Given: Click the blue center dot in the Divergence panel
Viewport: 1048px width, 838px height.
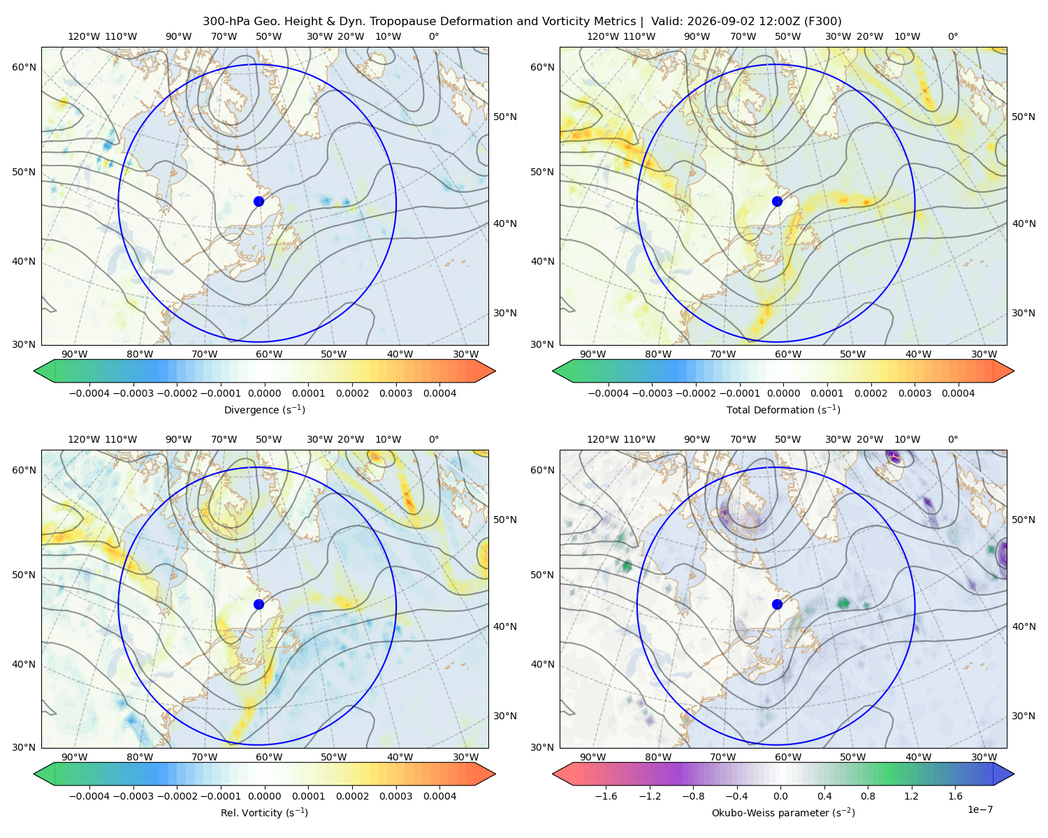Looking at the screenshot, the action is pos(259,201).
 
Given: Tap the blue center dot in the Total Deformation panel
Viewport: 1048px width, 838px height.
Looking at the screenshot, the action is pos(777,201).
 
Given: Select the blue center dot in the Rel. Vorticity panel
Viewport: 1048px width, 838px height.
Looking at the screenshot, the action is pos(259,604).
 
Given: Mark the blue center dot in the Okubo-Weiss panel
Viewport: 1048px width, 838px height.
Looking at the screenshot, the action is pos(777,604).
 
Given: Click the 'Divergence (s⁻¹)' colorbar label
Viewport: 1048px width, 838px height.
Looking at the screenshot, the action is pos(264,409).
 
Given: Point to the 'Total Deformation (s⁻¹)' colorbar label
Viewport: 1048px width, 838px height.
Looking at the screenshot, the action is pos(783,409).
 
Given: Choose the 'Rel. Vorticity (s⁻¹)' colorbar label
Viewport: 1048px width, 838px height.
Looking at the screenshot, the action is pos(264,812).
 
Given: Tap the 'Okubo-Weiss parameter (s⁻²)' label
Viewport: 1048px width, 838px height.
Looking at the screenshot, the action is pos(783,812).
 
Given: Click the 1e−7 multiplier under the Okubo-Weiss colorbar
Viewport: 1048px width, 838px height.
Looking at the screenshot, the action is pos(980,809).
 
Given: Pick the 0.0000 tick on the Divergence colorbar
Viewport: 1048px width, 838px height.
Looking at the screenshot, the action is pos(264,393).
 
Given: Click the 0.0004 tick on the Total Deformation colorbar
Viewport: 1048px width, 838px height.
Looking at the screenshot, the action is pos(958,393).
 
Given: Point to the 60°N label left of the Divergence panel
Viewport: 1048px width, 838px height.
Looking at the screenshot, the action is pos(24,67).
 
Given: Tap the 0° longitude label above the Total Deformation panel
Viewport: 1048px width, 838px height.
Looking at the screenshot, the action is pos(952,36).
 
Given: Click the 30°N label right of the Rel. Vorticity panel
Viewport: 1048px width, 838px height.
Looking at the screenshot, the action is pos(505,716).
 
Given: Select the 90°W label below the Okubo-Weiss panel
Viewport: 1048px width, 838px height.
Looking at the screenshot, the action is pos(592,757).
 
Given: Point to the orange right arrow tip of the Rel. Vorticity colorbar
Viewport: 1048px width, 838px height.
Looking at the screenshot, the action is pos(495,774).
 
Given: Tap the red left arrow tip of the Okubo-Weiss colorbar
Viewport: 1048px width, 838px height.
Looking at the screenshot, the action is pos(553,774).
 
